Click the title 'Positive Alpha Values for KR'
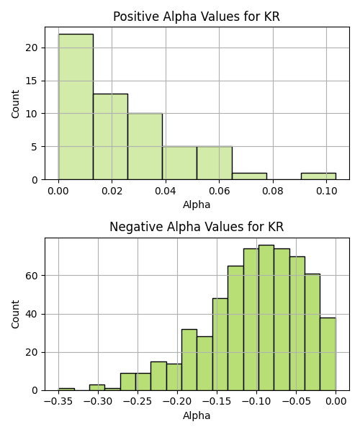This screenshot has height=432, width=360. (197, 17)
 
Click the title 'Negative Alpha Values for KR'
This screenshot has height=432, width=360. (197, 227)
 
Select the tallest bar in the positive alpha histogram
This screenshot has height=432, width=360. (76, 107)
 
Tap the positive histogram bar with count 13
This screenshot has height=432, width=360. (110, 137)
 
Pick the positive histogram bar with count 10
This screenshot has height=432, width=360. (145, 147)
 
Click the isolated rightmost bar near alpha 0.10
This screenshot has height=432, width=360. (318, 176)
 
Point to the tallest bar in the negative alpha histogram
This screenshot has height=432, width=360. (266, 318)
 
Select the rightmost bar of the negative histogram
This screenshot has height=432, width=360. (328, 354)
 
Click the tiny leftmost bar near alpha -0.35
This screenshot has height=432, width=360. (66, 390)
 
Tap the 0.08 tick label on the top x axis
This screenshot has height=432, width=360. (272, 191)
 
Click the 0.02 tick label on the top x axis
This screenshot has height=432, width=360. (112, 191)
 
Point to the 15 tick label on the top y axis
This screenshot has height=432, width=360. (32, 81)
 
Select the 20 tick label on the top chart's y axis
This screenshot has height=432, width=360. (32, 48)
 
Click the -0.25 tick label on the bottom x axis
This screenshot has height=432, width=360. (138, 402)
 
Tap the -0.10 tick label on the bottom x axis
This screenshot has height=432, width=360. (257, 402)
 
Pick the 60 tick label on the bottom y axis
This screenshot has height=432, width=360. (32, 276)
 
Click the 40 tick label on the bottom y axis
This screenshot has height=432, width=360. (32, 314)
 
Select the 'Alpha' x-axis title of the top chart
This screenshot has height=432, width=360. (197, 204)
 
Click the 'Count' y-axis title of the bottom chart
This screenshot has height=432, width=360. (15, 315)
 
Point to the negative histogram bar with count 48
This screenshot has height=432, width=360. (220, 344)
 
